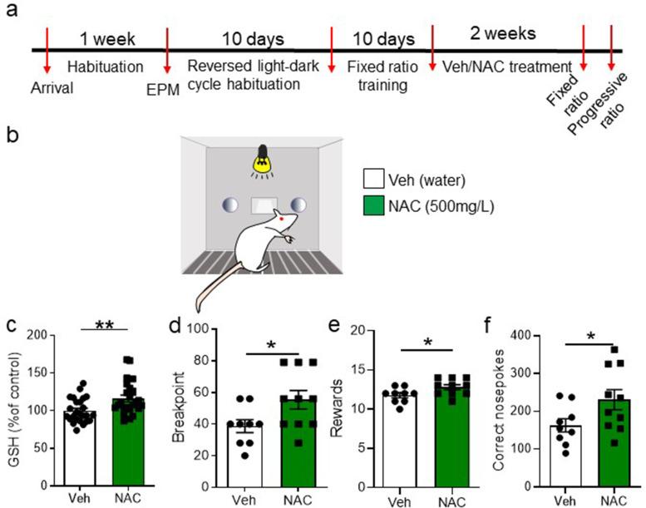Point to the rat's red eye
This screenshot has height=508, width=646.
point(284,220)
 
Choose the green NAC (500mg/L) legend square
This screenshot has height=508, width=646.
point(375,202)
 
